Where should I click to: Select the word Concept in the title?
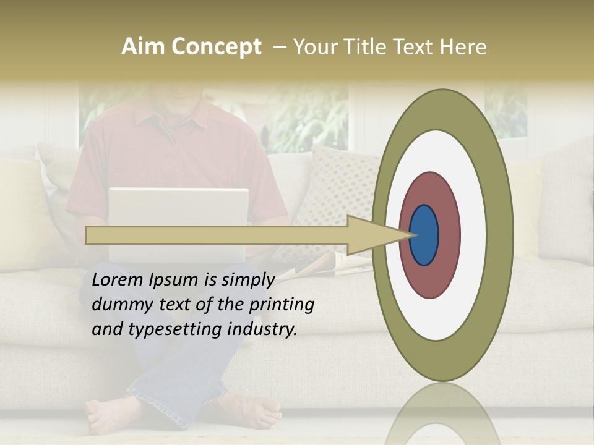[216, 47]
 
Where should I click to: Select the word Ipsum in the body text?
[174, 280]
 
